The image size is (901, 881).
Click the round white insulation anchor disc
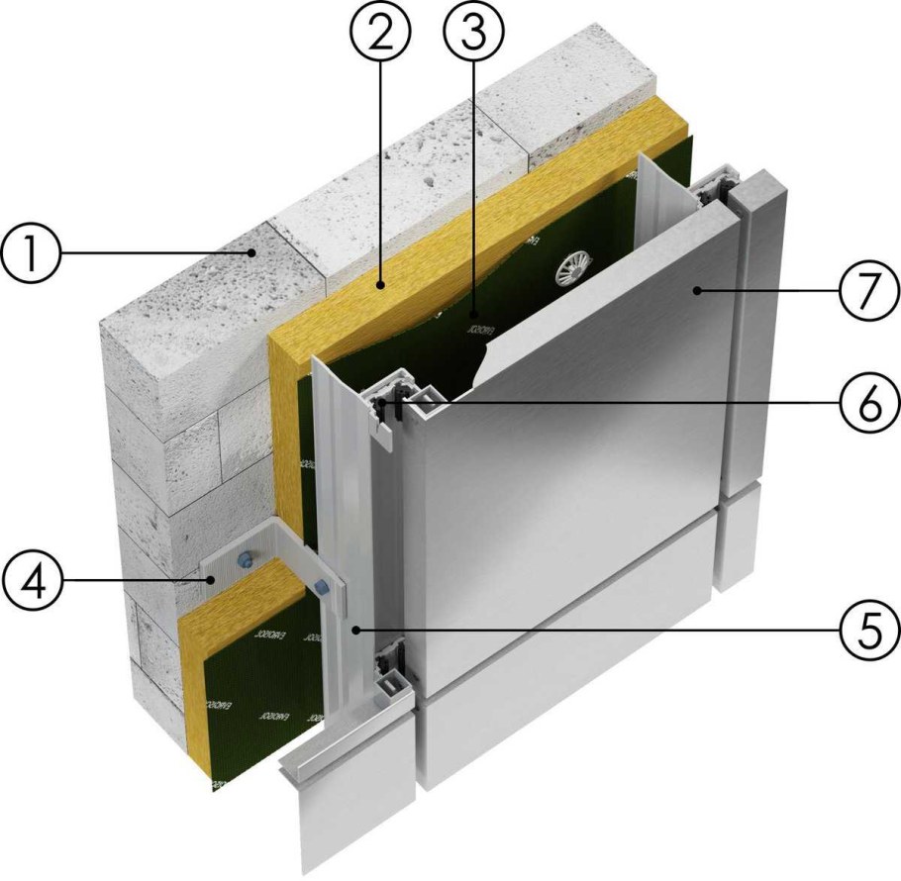pos(574,264)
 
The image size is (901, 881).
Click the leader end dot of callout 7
pos(699,290)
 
